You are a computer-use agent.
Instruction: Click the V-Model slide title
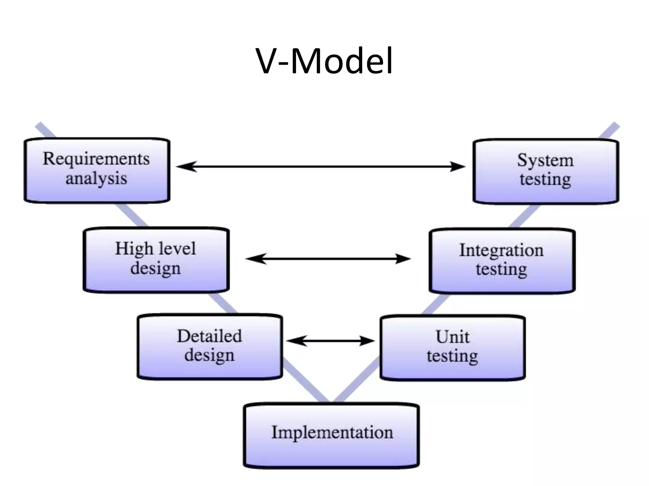pos(324,61)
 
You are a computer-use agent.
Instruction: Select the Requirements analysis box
pos(97,171)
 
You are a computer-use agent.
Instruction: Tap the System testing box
pos(545,171)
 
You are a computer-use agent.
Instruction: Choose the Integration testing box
pos(502,261)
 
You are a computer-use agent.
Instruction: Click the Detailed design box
pos(210,347)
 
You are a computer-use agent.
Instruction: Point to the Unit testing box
pos(453,348)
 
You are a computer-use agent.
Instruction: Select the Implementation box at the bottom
pos(331,436)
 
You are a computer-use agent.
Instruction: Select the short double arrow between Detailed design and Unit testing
pos(331,341)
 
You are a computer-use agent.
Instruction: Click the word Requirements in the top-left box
pos(96,159)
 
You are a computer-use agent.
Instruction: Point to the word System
pos(545,160)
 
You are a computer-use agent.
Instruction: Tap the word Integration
pos(501,250)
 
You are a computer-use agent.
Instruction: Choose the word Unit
pos(453,337)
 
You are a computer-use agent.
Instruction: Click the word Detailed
pos(209,336)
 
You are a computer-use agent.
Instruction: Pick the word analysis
pos(96,178)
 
